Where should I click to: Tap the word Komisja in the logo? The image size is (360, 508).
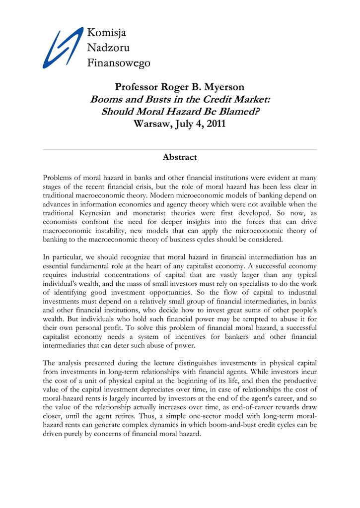click(107, 33)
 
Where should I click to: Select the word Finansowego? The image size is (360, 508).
click(119, 63)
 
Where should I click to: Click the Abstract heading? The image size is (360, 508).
click(180, 157)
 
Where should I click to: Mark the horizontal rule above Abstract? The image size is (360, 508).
click(180, 149)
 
